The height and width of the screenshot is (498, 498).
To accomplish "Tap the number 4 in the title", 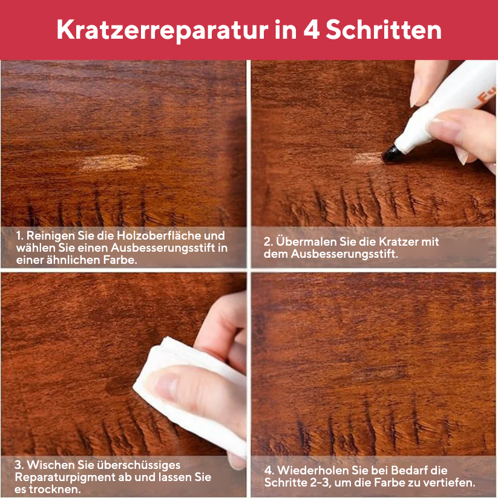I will click(312, 30).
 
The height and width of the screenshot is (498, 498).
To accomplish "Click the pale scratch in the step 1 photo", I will click(114, 162).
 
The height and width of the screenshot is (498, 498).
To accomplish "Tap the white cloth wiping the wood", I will click(175, 375).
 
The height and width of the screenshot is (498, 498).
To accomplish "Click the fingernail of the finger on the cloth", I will click(165, 385).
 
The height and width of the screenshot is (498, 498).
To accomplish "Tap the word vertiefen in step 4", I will click(451, 482).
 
